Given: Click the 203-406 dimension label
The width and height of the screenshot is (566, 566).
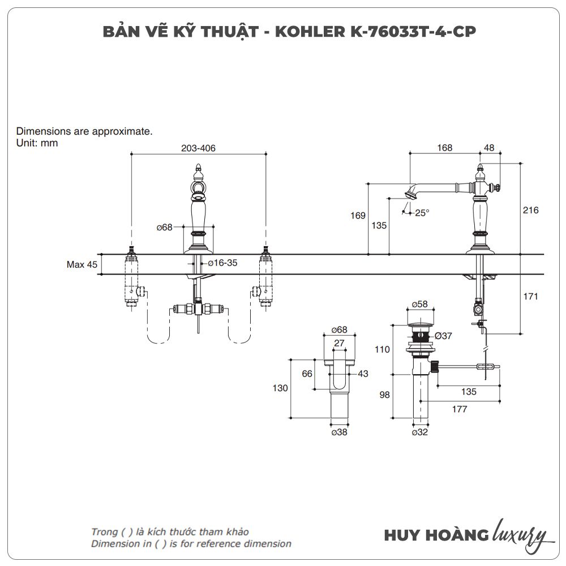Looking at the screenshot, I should [198, 148].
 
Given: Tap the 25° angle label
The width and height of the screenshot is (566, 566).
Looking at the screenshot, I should [422, 213].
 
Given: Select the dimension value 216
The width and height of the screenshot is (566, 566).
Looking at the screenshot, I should [530, 210].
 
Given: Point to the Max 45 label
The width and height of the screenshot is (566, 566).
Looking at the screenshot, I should [82, 264].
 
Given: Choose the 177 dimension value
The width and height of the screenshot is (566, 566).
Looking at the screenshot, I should [460, 409].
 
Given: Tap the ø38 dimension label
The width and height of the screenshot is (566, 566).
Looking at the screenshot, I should [339, 432].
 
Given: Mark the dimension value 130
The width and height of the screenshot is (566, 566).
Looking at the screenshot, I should [280, 388].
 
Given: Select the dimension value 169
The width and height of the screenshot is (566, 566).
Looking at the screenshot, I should [358, 216].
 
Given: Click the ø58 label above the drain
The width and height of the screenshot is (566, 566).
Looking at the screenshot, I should [419, 305].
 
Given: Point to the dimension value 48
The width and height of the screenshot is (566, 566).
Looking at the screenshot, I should [489, 148].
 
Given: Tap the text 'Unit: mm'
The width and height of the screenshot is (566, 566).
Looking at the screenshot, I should [37, 143].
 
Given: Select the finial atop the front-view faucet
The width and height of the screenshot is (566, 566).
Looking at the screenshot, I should [199, 168].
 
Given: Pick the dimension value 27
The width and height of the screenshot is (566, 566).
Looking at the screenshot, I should [339, 343].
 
